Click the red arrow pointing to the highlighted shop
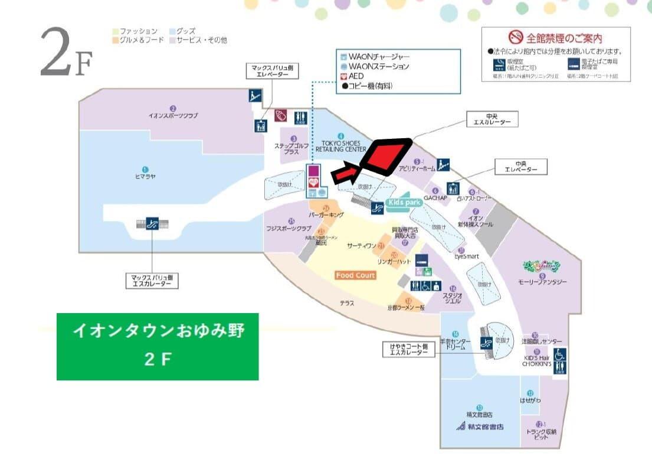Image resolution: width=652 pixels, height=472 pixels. pos(346,174)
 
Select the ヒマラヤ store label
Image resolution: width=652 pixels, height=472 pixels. pos(145,176)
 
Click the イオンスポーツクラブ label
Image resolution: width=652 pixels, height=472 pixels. pos(173,116)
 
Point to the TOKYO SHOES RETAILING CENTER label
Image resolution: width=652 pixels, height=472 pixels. pos(341,147)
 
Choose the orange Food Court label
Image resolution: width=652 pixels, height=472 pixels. pos(356,275)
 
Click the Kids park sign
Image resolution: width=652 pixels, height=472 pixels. pos(406,202)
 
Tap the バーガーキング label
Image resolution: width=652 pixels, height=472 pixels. pos(326,216)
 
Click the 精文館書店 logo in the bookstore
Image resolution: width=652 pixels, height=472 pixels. pos(479,427)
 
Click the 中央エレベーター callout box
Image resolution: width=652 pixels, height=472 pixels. pos(521,167)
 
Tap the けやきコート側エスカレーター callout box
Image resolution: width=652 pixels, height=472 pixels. pos(408,349)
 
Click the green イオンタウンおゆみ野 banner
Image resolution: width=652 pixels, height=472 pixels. pos(158,346)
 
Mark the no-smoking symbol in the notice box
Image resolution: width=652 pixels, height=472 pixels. pos(516,38)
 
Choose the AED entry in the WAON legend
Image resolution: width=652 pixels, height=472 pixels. pos(356,76)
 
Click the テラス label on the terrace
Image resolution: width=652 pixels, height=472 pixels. pos(346,303)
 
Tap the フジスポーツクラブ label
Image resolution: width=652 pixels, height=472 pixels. pos(289,228)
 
